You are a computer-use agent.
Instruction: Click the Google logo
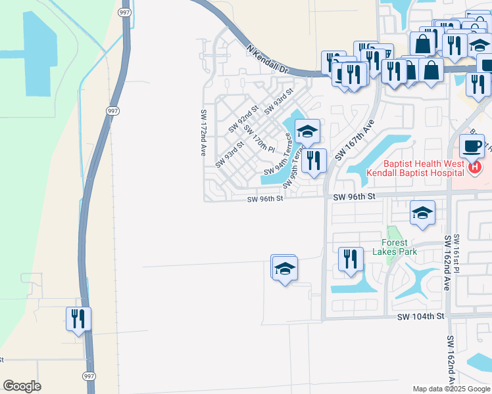(22, 385)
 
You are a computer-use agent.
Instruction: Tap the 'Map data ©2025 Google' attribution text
(451, 389)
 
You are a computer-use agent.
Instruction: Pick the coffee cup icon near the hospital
(472, 146)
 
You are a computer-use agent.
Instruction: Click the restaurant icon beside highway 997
(78, 319)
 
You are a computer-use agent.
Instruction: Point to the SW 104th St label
(420, 317)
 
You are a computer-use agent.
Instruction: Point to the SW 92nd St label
(244, 120)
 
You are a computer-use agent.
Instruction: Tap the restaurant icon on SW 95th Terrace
(314, 160)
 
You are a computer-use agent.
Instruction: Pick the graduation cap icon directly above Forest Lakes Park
(422, 212)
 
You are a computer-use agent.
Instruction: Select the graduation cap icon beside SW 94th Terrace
(307, 131)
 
